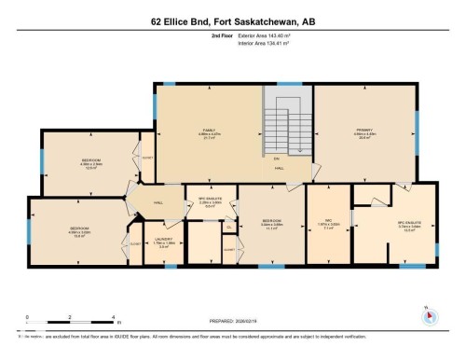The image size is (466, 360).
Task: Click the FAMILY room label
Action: click(x=209, y=132)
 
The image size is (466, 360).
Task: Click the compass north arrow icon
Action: click(x=428, y=314)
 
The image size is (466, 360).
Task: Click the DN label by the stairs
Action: click(x=279, y=158)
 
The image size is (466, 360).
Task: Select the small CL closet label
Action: click(x=229, y=227)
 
